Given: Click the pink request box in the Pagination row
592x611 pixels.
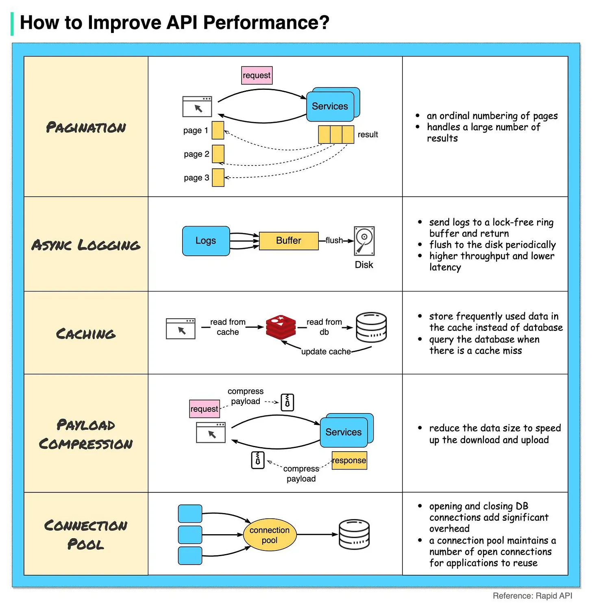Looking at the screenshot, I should pos(257,76).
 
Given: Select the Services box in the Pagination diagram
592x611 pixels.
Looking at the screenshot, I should pos(330,106).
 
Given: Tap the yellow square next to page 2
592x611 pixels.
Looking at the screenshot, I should pos(218,154).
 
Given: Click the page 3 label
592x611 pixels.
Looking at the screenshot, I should pos(196,178).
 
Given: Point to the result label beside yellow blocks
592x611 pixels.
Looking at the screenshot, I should pos(368,135).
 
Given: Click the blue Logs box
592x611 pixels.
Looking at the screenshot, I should pos(206,241).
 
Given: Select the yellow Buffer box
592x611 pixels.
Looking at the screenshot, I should pos(288,241).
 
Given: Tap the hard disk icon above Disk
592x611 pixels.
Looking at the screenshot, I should pos(364,241).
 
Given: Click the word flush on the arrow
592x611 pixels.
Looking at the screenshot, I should pos(334,240).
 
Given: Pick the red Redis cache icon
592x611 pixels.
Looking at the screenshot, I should pos(281,327).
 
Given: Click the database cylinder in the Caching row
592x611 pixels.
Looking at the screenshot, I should pos(371,327).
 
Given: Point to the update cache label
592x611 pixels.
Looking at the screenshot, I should pos(326,351).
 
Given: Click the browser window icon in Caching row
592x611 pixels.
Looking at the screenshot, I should pos(181,328).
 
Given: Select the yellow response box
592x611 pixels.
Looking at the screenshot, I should pos(349,460).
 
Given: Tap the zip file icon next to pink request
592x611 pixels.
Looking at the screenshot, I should pos(287,402).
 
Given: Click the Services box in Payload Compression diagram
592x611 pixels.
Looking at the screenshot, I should pos(344,432).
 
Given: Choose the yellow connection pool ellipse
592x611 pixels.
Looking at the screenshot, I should pos(270,535).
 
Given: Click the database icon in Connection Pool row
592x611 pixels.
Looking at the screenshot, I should pos(354,535).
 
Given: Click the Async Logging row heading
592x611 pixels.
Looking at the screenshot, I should pos(86,245).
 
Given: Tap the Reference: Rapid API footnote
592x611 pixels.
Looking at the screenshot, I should pos(532,596).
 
